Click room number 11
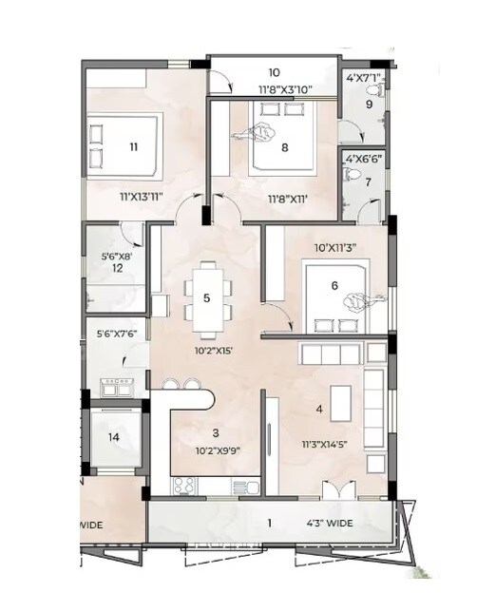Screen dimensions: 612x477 tap(133, 146)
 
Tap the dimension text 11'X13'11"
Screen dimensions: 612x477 tap(142, 197)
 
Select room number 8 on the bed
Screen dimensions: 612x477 tap(284, 146)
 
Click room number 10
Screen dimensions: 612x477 tap(274, 72)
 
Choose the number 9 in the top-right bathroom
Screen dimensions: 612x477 tap(371, 105)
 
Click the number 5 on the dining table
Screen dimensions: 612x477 tap(206, 297)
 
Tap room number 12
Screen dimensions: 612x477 tap(118, 269)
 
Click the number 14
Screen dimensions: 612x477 tap(114, 437)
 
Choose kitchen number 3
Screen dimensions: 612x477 tap(215, 432)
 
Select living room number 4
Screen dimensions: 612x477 tap(319, 410)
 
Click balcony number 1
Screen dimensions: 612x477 tap(269, 523)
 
